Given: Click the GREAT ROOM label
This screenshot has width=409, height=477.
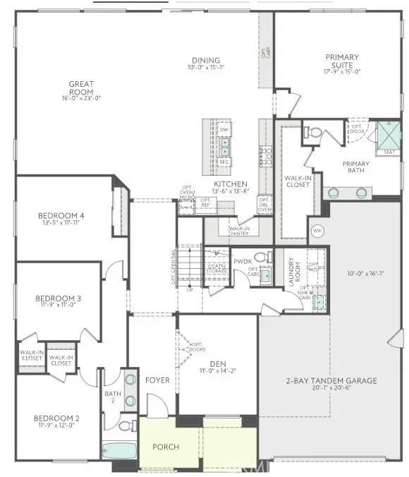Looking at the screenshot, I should click(x=81, y=84).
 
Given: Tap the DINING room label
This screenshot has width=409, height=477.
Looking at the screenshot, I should click(x=205, y=61).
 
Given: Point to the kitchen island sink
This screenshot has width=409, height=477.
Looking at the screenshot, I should click(x=225, y=146).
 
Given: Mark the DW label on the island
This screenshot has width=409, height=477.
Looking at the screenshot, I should click(x=224, y=130).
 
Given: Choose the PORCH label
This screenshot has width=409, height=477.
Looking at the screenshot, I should click(x=166, y=447).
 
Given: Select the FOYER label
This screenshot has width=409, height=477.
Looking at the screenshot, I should click(x=157, y=380).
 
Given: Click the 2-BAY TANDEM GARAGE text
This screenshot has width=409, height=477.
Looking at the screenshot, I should click(x=331, y=380).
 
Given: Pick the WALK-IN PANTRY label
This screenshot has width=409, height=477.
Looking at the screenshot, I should click(x=233, y=230).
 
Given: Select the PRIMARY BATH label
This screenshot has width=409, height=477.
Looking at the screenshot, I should click(x=355, y=167).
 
